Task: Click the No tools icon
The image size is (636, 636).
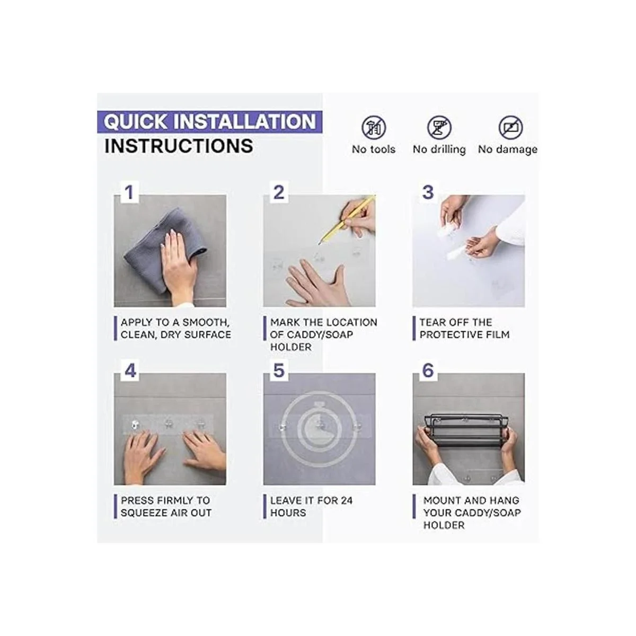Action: pyautogui.click(x=374, y=128)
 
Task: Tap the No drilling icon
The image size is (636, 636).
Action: pyautogui.click(x=439, y=128)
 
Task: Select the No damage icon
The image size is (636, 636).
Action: pyautogui.click(x=510, y=128)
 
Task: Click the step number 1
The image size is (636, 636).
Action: pyautogui.click(x=128, y=192)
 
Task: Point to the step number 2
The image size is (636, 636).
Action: pyautogui.click(x=279, y=192)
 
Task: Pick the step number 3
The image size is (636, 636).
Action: pyautogui.click(x=428, y=192)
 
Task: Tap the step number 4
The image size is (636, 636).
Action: pyautogui.click(x=130, y=371)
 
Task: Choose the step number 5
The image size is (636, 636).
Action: pyautogui.click(x=279, y=371)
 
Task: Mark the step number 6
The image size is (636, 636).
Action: pyautogui.click(x=428, y=371)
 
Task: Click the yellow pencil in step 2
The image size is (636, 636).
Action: pyautogui.click(x=347, y=218)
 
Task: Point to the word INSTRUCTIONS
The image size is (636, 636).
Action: pyautogui.click(x=179, y=146)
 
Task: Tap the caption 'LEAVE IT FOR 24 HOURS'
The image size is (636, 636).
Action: pyautogui.click(x=311, y=507)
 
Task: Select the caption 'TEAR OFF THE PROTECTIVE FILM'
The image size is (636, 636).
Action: pyautogui.click(x=464, y=329)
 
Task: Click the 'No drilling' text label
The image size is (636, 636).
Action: pyautogui.click(x=439, y=149)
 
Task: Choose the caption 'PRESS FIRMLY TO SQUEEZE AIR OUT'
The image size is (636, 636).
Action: pyautogui.click(x=165, y=507)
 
